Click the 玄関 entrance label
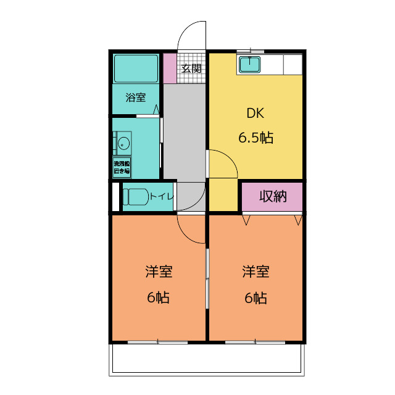coord(191,69)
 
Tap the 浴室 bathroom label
coord(135,97)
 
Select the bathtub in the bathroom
coord(136,68)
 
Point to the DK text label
coord(256,114)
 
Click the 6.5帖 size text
coord(256,138)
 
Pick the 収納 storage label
coord(272,197)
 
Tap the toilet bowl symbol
coord(135,197)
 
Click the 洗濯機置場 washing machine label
coord(122,167)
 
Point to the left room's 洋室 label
coord(159,272)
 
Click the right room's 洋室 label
coord(255,272)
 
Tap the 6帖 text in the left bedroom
coord(159,297)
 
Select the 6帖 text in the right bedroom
coord(255,297)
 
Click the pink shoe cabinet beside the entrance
coord(170,69)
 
